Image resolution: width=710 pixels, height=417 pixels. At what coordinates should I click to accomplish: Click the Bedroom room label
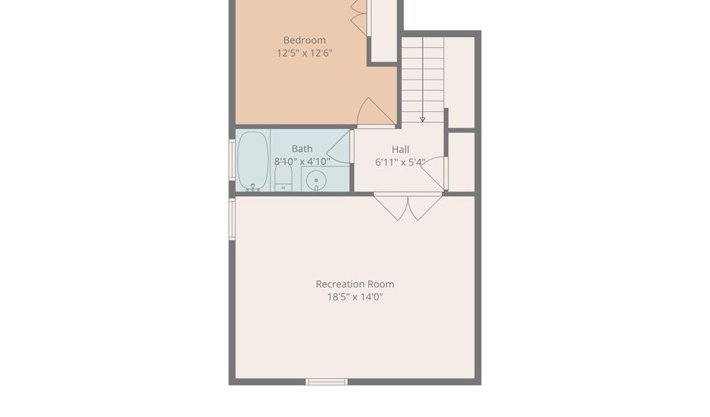(x=305, y=40)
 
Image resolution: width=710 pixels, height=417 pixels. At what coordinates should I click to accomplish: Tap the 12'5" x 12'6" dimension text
(x=305, y=53)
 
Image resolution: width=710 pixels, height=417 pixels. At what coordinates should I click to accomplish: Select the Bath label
(x=302, y=149)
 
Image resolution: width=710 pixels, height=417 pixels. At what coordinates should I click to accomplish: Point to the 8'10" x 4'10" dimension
(x=302, y=161)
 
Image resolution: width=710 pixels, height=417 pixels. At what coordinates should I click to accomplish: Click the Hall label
(x=400, y=149)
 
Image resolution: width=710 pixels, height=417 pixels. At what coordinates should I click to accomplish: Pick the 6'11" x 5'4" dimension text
(x=400, y=162)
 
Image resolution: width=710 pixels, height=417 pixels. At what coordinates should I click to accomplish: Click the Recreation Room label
(x=354, y=284)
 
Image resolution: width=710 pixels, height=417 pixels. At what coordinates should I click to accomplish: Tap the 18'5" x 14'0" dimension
(x=354, y=296)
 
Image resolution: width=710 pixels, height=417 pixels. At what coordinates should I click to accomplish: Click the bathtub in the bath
(x=252, y=161)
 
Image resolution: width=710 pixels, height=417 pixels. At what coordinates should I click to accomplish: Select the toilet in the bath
(x=283, y=177)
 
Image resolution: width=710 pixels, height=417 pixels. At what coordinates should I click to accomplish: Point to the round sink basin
(x=316, y=181)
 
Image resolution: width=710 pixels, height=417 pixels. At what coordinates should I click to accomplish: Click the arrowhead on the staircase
(x=423, y=120)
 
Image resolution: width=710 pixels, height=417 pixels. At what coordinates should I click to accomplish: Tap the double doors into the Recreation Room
(x=408, y=207)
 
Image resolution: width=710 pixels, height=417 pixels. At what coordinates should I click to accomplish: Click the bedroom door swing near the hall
(x=376, y=112)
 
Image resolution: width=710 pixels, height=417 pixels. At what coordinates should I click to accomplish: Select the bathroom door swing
(x=338, y=147)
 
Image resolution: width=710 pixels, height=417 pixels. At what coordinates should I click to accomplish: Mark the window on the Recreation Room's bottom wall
(x=327, y=382)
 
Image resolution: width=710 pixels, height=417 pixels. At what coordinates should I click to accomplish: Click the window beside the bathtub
(x=232, y=160)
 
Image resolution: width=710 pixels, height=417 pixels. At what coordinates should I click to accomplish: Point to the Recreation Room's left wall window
(x=232, y=219)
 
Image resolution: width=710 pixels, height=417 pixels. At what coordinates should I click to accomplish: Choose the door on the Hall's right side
(x=435, y=173)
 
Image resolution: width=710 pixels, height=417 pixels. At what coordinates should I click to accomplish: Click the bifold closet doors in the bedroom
(x=360, y=17)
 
